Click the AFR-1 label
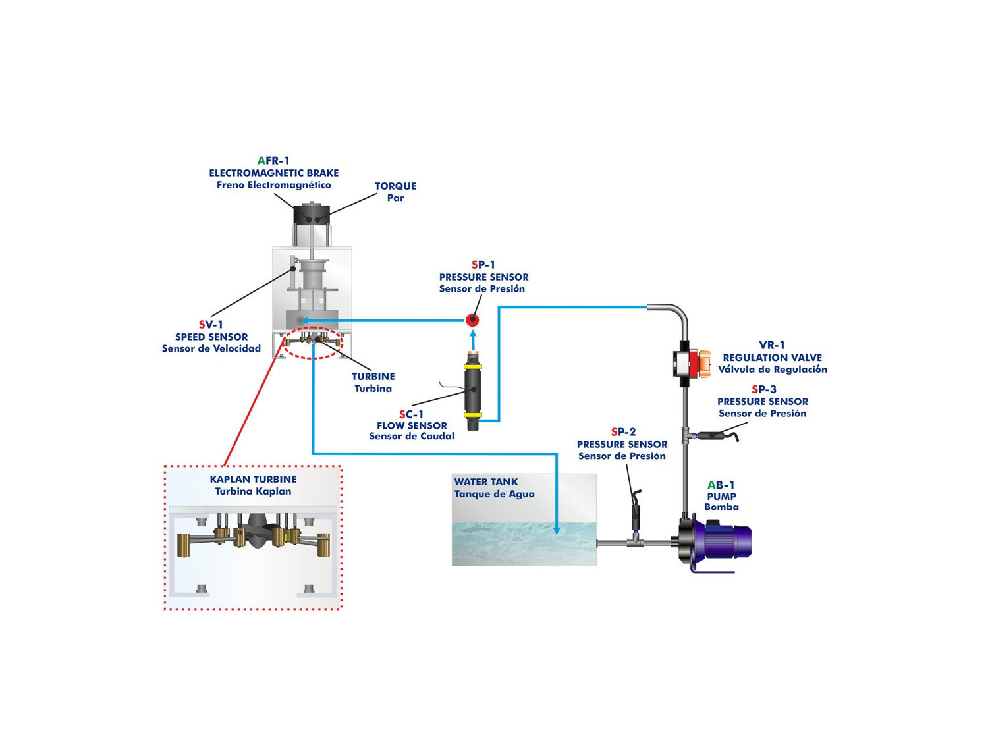[x=273, y=161]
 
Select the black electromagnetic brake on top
[x=312, y=215]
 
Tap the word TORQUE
[x=395, y=186]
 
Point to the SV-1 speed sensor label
[x=211, y=325]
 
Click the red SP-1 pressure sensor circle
[x=472, y=320]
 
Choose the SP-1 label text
[x=483, y=265]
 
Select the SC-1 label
[x=411, y=414]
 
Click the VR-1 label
[x=772, y=345]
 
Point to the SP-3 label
[x=763, y=389]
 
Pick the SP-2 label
[x=623, y=432]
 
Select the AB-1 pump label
[x=721, y=485]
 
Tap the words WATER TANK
[x=486, y=482]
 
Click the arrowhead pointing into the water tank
[x=557, y=530]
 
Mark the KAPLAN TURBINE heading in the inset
[x=253, y=480]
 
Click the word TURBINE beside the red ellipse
[x=373, y=377]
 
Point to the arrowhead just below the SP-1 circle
[x=472, y=333]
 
